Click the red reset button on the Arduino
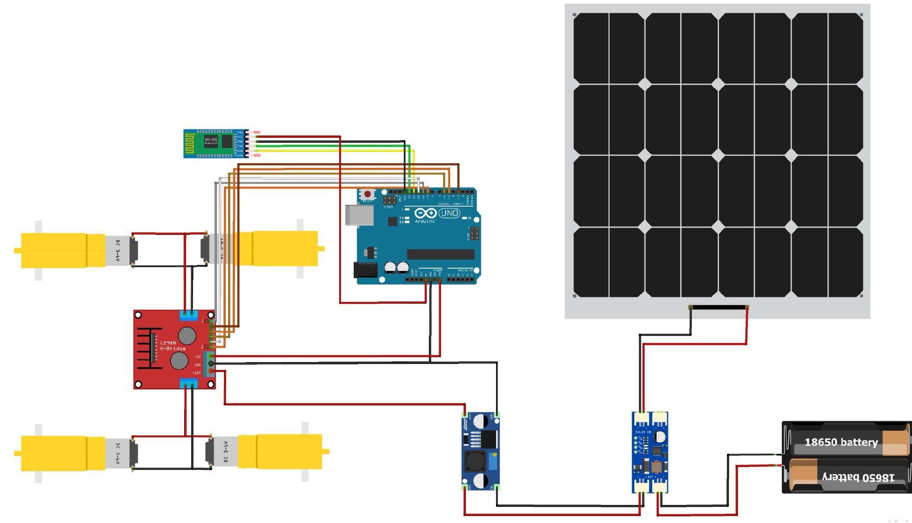point(367,194)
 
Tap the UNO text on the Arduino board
point(449,213)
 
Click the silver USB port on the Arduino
point(360,215)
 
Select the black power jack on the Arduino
point(365,270)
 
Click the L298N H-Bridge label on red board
point(173,345)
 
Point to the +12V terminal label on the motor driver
point(197,373)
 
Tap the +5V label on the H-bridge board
point(198,357)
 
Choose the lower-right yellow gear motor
point(282,451)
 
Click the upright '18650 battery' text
point(841,443)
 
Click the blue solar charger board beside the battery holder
point(650,452)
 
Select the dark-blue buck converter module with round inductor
point(480,451)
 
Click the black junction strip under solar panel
point(719,307)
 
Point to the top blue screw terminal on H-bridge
point(189,315)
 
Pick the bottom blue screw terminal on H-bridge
point(189,383)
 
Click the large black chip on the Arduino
point(440,254)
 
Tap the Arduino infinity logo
point(425,213)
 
